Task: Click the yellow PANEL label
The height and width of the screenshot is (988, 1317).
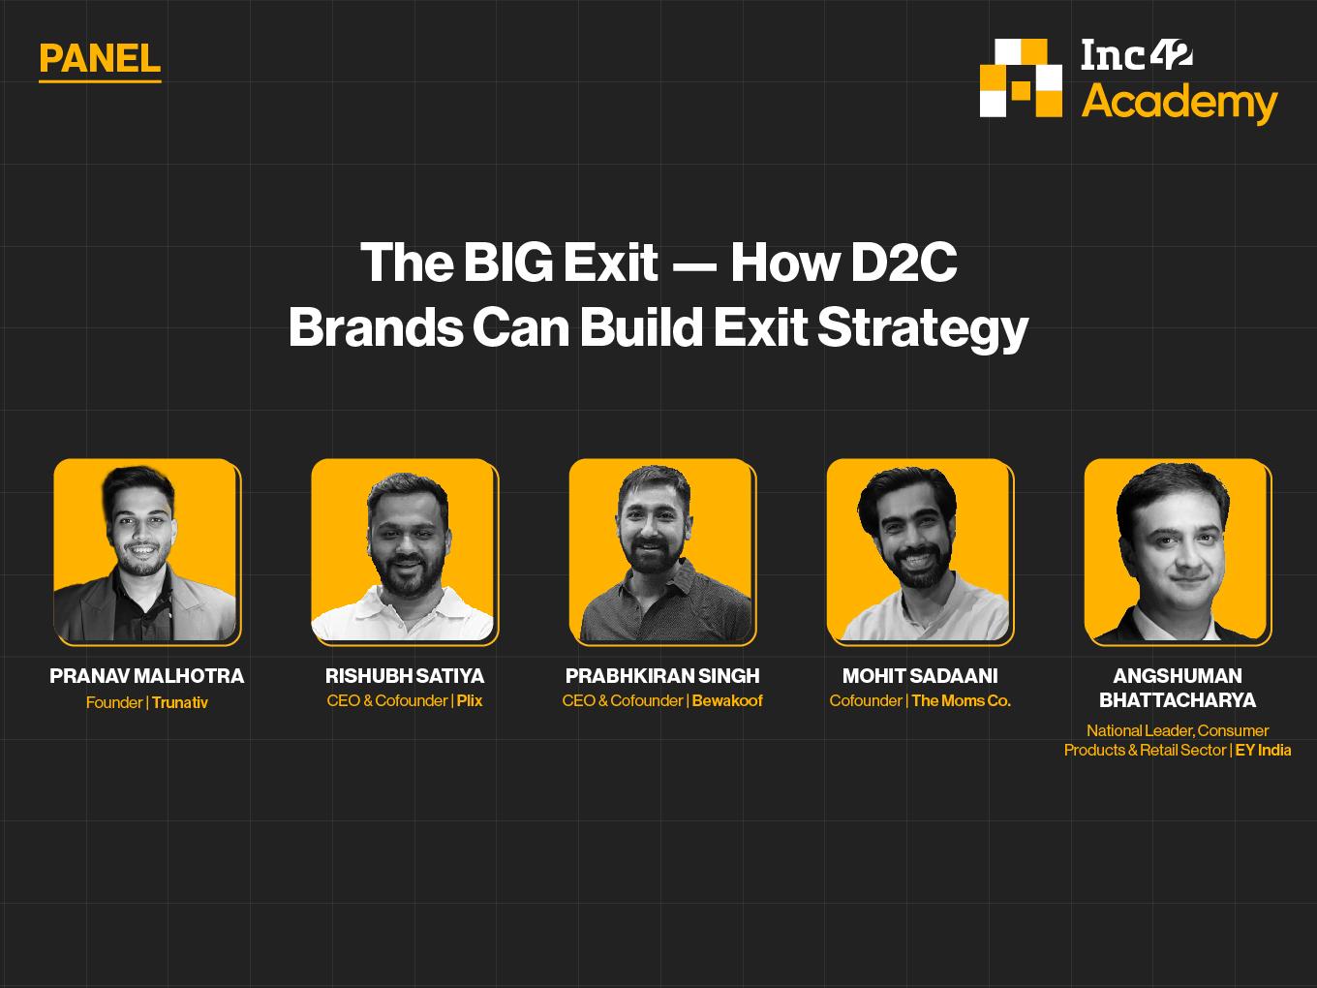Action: click(100, 59)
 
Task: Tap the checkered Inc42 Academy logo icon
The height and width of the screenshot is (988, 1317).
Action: click(1021, 77)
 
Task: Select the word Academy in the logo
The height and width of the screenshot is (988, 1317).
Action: click(1179, 103)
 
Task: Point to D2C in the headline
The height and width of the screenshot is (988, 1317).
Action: click(903, 262)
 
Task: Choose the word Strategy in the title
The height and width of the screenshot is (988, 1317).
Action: click(923, 328)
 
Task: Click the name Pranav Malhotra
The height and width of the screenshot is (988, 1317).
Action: click(147, 676)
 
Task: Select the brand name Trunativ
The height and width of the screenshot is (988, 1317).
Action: click(180, 702)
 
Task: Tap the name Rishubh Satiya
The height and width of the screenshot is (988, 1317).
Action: click(405, 676)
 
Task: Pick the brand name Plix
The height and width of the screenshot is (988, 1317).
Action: click(470, 700)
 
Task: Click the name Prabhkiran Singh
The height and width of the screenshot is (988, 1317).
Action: click(662, 676)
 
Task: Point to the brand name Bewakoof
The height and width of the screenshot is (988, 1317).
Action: click(727, 700)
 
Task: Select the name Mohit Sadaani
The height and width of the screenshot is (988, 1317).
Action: click(920, 676)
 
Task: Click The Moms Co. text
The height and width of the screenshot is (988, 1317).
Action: click(962, 700)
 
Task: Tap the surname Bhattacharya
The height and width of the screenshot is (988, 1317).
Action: click(1178, 700)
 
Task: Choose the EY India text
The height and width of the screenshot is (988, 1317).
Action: click(1263, 750)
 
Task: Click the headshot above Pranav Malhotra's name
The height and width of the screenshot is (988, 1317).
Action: click(147, 552)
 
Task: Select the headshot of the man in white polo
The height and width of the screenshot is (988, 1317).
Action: click(405, 552)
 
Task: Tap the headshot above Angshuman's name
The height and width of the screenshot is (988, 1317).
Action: click(1178, 552)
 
